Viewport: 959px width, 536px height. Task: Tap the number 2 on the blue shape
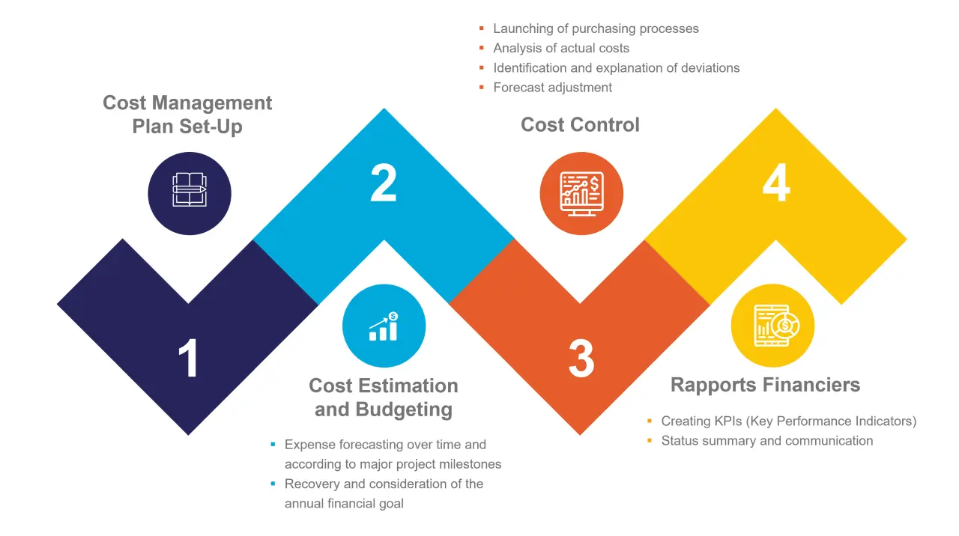(x=384, y=183)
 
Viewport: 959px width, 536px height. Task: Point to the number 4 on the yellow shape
(x=776, y=183)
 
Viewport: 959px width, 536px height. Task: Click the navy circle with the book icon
(x=190, y=193)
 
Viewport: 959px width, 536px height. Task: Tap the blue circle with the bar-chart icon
(x=384, y=326)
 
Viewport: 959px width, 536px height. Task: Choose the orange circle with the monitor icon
(x=581, y=193)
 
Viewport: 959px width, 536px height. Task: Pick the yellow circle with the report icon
(x=772, y=326)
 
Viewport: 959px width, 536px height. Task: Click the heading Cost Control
(x=580, y=124)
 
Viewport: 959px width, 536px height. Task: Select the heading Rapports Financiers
(x=765, y=385)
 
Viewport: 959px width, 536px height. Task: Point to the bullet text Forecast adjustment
(x=552, y=88)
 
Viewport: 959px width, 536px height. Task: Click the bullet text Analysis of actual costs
(x=560, y=48)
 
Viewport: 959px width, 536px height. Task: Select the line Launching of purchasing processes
(x=596, y=28)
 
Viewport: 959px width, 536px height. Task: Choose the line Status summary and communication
(x=766, y=441)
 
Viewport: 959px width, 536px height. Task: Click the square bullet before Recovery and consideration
(x=273, y=484)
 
